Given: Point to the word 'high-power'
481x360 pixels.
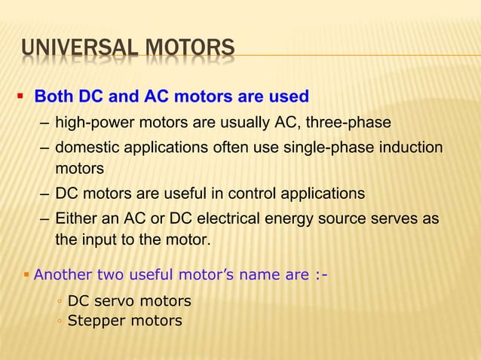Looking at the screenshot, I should click(93, 123).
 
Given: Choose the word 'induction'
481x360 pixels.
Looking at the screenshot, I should click(415, 148).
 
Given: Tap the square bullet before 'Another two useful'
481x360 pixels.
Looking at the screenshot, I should click(26, 273).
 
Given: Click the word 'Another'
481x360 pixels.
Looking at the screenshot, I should click(63, 274).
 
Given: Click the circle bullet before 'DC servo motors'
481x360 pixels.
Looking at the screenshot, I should click(59, 303).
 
